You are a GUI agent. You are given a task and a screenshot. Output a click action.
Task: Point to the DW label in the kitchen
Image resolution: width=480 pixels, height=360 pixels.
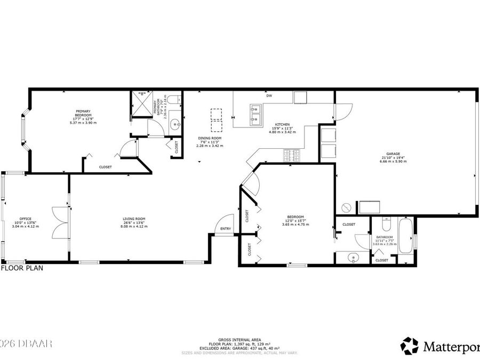269,96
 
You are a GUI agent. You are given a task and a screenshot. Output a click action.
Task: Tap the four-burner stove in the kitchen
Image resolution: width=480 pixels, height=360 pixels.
291,156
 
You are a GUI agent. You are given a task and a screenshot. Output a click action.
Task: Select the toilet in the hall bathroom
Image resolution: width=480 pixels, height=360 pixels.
386,225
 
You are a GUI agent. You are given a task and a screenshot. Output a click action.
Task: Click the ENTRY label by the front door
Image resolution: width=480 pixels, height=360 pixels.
225,229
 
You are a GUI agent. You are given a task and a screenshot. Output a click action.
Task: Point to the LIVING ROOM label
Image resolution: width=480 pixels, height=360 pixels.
134,219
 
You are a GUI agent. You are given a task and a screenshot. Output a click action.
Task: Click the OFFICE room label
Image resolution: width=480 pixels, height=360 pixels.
26,219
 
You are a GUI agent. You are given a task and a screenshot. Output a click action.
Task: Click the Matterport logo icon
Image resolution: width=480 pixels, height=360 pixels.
410,346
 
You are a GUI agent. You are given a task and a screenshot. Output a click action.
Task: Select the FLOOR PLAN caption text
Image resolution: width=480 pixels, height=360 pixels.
22,268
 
